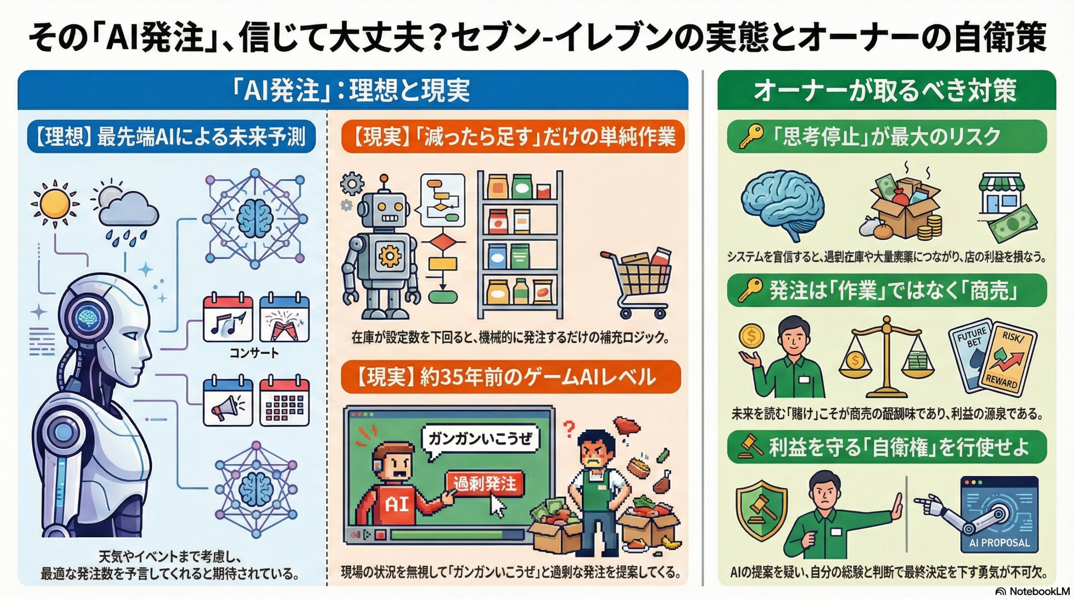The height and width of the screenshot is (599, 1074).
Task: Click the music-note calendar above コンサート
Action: pyautogui.click(x=228, y=318)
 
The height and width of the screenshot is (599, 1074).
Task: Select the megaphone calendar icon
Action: pyautogui.click(x=228, y=402)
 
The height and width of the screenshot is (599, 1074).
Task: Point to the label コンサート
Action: pyautogui.click(x=254, y=353)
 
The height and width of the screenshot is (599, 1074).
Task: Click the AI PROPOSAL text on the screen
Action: pyautogui.click(x=999, y=542)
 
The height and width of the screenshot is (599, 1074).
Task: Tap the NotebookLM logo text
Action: pyautogui.click(x=1038, y=591)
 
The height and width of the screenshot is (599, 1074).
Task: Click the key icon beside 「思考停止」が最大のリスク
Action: pyautogui.click(x=751, y=137)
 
